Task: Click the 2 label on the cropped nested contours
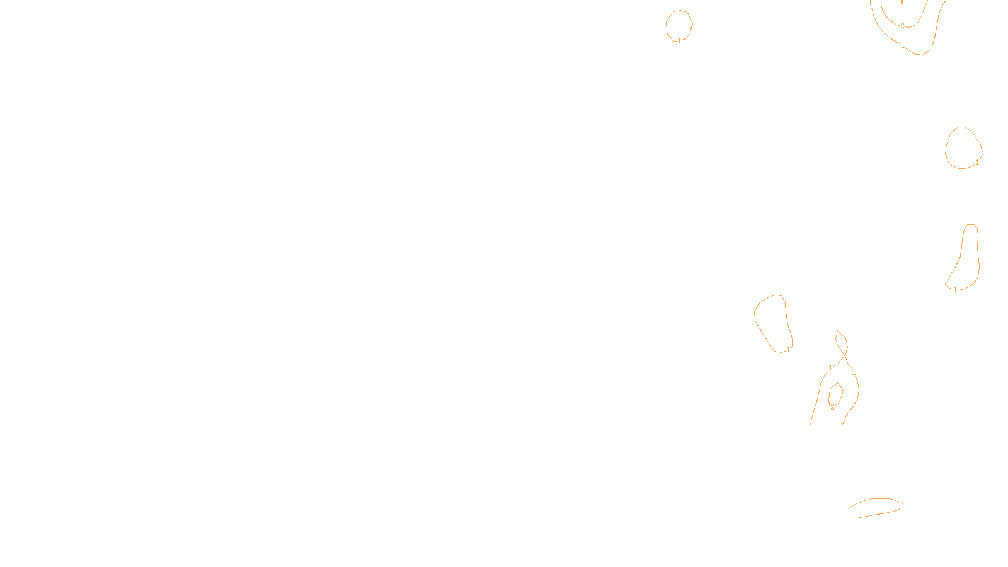pos(902,26)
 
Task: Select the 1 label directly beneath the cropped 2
pos(903,45)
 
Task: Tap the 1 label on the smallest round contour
pos(680,41)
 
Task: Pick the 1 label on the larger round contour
pos(977,163)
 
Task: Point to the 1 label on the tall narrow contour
pos(955,290)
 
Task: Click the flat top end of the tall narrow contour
pos(971,224)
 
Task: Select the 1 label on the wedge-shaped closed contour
pos(788,350)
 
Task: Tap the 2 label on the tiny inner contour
pos(832,407)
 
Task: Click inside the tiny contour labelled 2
pos(835,394)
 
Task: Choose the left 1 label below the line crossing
pos(830,368)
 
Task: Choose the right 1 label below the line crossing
pos(853,372)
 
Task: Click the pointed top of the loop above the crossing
pos(838,331)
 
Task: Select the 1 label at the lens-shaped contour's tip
pos(903,506)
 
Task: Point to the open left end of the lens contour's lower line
pos(859,517)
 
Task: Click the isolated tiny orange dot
pos(760,389)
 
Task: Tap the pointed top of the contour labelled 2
pos(837,384)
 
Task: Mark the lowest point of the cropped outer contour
pos(921,55)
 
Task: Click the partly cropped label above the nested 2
pos(902,2)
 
